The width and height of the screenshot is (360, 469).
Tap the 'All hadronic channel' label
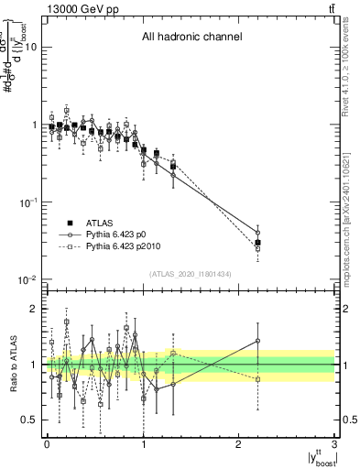(191, 38)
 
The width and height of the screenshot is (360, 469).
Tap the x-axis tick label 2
(239, 444)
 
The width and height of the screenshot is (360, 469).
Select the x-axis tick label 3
(335, 444)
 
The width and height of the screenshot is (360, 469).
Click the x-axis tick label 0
(47, 444)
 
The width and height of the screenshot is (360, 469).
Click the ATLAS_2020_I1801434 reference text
(191, 274)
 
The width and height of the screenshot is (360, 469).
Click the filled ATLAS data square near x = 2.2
(258, 243)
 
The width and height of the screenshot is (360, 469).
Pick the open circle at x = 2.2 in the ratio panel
(258, 341)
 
